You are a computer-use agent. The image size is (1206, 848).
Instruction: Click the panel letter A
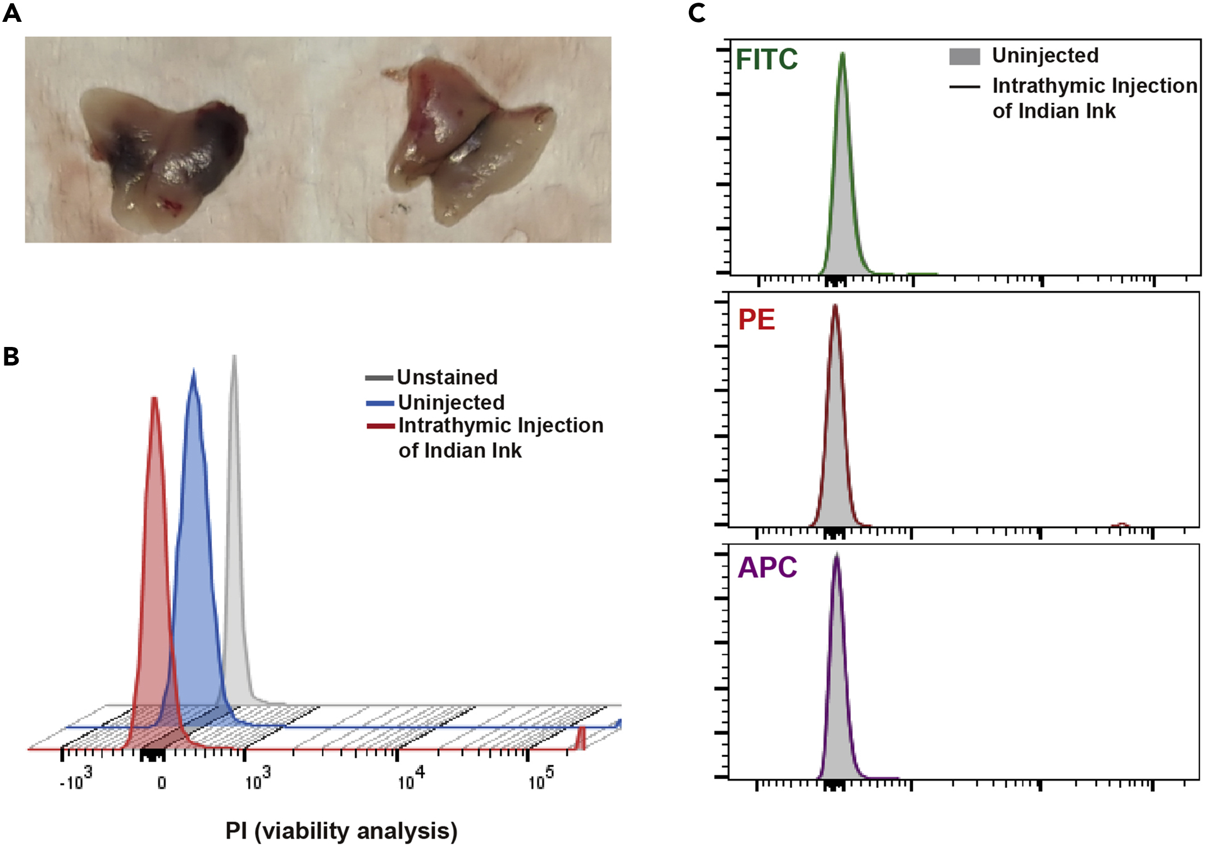pyautogui.click(x=12, y=13)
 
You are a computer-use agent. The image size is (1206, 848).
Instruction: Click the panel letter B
pyautogui.click(x=11, y=356)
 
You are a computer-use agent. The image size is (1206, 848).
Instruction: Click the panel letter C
pyautogui.click(x=696, y=13)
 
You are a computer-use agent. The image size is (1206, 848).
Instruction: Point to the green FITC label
pyautogui.click(x=766, y=60)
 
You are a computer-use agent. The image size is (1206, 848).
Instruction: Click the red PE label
pyautogui.click(x=756, y=320)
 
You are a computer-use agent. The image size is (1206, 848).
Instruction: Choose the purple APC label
pyautogui.click(x=767, y=567)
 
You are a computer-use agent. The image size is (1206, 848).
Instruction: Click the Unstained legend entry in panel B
pyautogui.click(x=447, y=377)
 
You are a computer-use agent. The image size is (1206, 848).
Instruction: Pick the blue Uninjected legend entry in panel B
pyautogui.click(x=451, y=402)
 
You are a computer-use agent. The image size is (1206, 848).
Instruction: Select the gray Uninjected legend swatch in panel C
pyautogui.click(x=964, y=56)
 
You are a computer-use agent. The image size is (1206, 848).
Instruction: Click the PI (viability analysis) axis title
pyautogui.click(x=341, y=831)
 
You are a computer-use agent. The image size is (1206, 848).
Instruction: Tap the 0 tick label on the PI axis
pyautogui.click(x=162, y=783)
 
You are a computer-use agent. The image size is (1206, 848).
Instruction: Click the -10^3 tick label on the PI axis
pyautogui.click(x=75, y=780)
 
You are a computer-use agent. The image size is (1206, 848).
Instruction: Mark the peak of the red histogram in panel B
pyautogui.click(x=155, y=398)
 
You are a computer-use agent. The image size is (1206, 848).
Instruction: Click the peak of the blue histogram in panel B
pyautogui.click(x=193, y=370)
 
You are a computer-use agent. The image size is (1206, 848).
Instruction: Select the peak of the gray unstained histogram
pyautogui.click(x=234, y=356)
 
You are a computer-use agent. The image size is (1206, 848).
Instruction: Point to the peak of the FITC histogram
pyautogui.click(x=842, y=54)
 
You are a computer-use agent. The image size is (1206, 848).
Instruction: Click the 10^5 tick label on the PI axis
pyautogui.click(x=541, y=780)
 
